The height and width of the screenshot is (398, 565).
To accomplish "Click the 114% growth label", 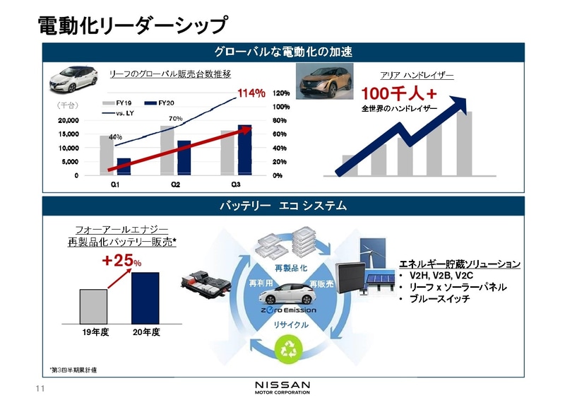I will pyautogui.click(x=251, y=93).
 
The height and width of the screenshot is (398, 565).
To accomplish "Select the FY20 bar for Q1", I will pyautogui.click(x=124, y=167).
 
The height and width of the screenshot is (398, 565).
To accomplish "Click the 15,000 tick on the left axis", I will pyautogui.click(x=69, y=134).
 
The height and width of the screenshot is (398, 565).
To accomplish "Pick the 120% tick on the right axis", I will pyautogui.click(x=281, y=93).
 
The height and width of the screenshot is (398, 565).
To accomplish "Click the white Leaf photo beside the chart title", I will pyautogui.click(x=74, y=78).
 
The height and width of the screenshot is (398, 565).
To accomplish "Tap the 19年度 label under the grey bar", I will pyautogui.click(x=93, y=330).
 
